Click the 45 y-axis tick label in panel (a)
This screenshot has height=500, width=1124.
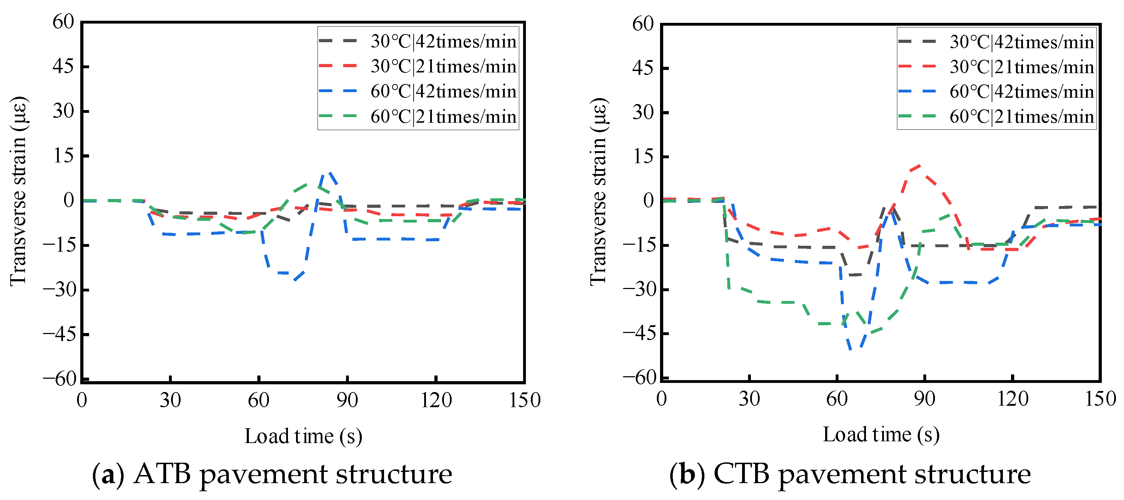[64, 67]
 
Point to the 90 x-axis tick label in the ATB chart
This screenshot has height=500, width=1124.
[347, 400]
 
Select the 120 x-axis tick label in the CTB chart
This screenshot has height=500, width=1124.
[1013, 399]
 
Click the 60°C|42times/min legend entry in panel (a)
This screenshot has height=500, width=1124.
[418, 91]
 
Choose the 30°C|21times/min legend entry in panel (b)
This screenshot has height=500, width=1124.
[997, 67]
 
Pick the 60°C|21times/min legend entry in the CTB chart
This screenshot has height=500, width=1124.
[997, 116]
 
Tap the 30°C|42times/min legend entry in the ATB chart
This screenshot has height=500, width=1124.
[418, 41]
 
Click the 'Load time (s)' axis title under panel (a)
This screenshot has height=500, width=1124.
[303, 436]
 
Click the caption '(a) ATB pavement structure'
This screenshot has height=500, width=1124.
[272, 474]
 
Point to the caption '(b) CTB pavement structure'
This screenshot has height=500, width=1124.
[850, 474]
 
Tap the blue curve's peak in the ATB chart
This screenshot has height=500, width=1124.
[330, 172]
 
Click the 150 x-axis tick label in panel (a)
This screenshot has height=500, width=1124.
[525, 400]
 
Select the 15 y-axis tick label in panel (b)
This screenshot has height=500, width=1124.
[643, 156]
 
